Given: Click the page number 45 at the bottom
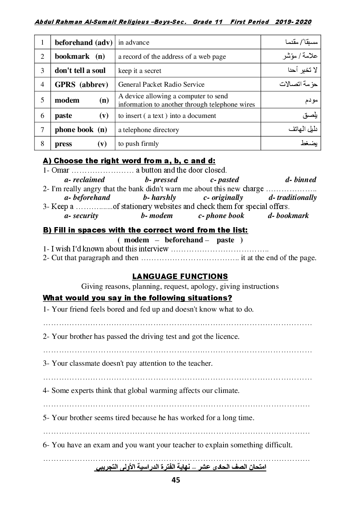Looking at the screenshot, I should (x=176, y=480).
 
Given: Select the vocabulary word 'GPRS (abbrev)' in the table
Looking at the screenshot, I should (x=81, y=85).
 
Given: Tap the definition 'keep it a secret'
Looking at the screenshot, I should (x=140, y=71).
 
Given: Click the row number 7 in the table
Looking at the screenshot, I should (x=42, y=130).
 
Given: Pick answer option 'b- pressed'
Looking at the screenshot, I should (x=161, y=180).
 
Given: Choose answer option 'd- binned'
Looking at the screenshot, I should (x=300, y=180).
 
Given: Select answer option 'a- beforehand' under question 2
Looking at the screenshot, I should (x=87, y=198).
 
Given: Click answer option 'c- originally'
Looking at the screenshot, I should (x=223, y=198).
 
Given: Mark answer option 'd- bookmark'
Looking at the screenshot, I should (x=288, y=215).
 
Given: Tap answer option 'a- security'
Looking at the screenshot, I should (x=81, y=215).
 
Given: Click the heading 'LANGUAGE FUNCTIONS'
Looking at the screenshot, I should (x=180, y=276).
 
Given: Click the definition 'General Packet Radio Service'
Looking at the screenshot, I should (x=161, y=85).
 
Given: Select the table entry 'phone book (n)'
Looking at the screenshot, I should (x=81, y=130).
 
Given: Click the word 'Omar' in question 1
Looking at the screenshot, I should (x=60, y=170).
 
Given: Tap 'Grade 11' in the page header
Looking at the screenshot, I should (x=207, y=22).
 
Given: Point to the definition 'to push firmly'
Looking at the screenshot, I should (x=139, y=144).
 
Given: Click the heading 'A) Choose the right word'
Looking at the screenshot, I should (x=129, y=161).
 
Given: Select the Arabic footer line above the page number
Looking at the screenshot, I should (x=180, y=467).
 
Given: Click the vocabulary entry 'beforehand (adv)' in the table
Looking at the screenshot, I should (x=83, y=42).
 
